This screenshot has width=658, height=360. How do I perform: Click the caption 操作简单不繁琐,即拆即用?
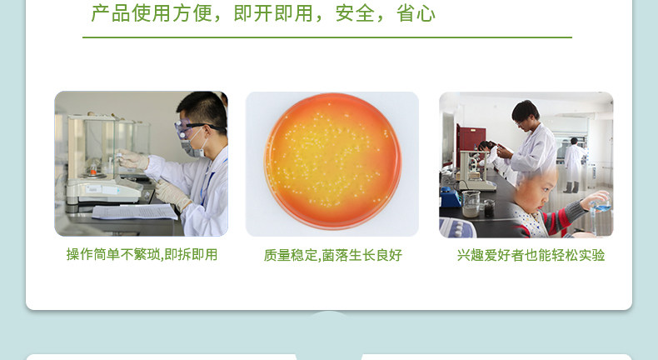[142, 254]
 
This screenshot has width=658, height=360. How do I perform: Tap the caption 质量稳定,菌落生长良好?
[333, 255]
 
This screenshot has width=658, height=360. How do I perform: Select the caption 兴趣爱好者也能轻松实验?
[531, 255]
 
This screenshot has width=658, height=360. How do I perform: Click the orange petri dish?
[332, 161]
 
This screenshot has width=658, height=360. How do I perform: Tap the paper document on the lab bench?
[134, 212]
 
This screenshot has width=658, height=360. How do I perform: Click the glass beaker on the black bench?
[471, 203]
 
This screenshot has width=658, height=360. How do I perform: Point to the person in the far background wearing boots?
[573, 165]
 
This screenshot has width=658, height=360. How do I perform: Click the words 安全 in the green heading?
[355, 13]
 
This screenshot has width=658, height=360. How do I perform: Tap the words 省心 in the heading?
[416, 13]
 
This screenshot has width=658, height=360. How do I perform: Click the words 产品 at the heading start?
[111, 13]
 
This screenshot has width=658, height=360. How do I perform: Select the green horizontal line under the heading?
[327, 37]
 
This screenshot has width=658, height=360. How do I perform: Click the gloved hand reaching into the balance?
[132, 160]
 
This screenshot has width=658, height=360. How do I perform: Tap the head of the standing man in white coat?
[525, 112]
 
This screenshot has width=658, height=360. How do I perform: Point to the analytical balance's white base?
[104, 191]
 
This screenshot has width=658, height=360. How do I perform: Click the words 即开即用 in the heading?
[273, 13]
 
